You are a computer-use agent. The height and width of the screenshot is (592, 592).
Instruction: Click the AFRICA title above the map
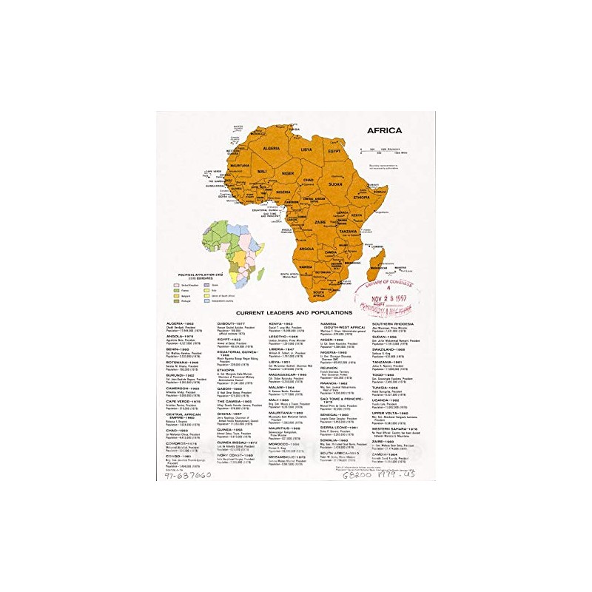(x=384, y=130)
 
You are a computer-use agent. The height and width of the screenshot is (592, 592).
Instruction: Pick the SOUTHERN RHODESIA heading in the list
(x=393, y=324)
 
